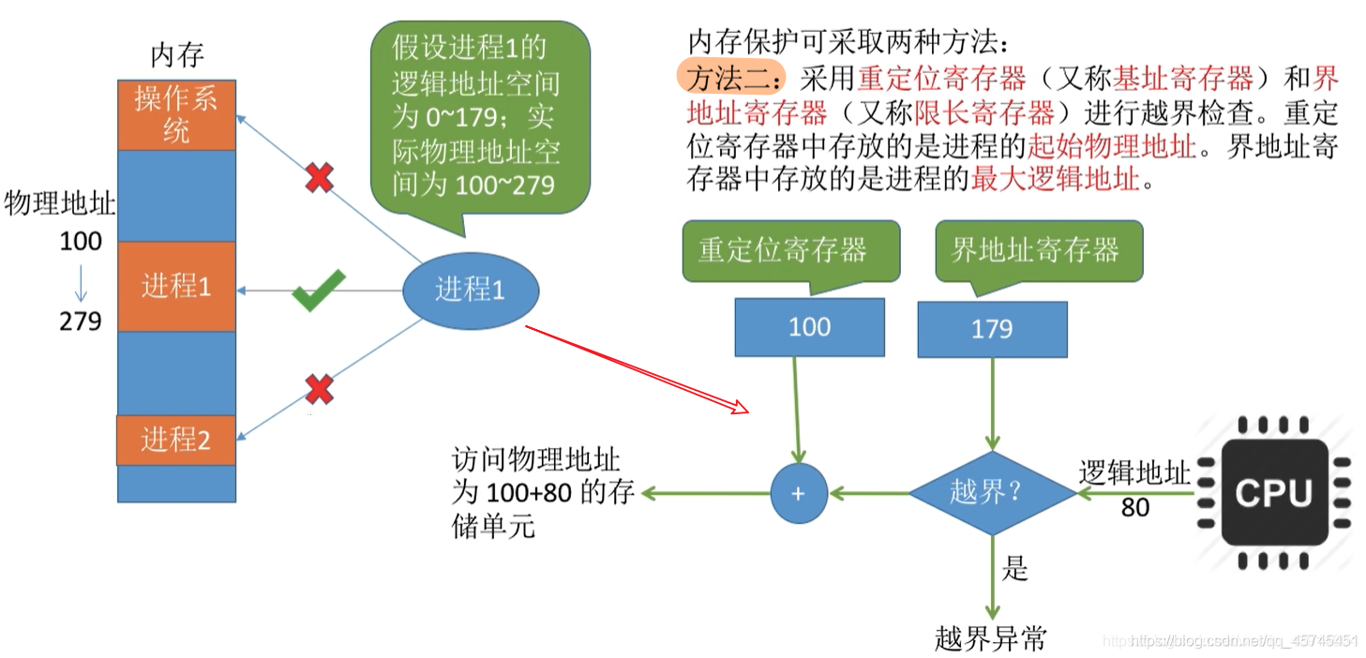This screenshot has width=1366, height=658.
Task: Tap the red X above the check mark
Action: click(320, 176)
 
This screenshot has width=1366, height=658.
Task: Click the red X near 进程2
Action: click(320, 388)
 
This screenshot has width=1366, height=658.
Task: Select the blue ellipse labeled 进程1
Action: click(471, 290)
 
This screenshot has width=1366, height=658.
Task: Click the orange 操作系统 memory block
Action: click(176, 115)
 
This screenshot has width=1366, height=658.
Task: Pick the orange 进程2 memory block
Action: click(175, 440)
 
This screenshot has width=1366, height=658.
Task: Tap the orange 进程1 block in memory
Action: click(176, 286)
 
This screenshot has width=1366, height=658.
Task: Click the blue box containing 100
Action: click(809, 327)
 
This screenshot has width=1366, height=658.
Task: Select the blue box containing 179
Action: click(992, 329)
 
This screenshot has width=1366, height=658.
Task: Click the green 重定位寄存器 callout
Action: click(783, 250)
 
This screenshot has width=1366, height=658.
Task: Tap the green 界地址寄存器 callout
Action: click(1036, 250)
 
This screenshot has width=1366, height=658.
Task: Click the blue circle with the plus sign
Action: click(799, 493)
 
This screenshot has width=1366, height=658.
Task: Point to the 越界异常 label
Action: click(990, 639)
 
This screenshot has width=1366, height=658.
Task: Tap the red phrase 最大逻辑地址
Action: click(1055, 179)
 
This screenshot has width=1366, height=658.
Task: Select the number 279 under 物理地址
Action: click(81, 322)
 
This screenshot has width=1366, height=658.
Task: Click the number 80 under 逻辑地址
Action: click(1135, 508)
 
